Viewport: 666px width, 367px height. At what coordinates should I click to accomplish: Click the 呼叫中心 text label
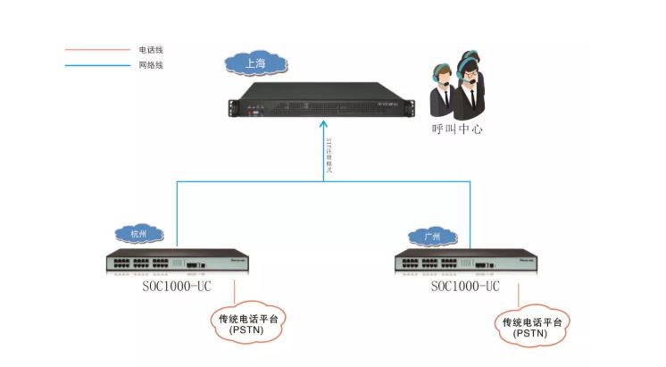458,129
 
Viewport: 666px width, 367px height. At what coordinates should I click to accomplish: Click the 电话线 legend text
151,50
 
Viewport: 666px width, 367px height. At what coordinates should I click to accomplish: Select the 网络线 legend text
151,65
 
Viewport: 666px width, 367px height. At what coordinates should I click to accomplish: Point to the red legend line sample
96,50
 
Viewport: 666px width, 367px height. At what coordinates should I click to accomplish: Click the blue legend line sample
96,65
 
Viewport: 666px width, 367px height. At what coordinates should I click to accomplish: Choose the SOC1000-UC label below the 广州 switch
464,288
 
